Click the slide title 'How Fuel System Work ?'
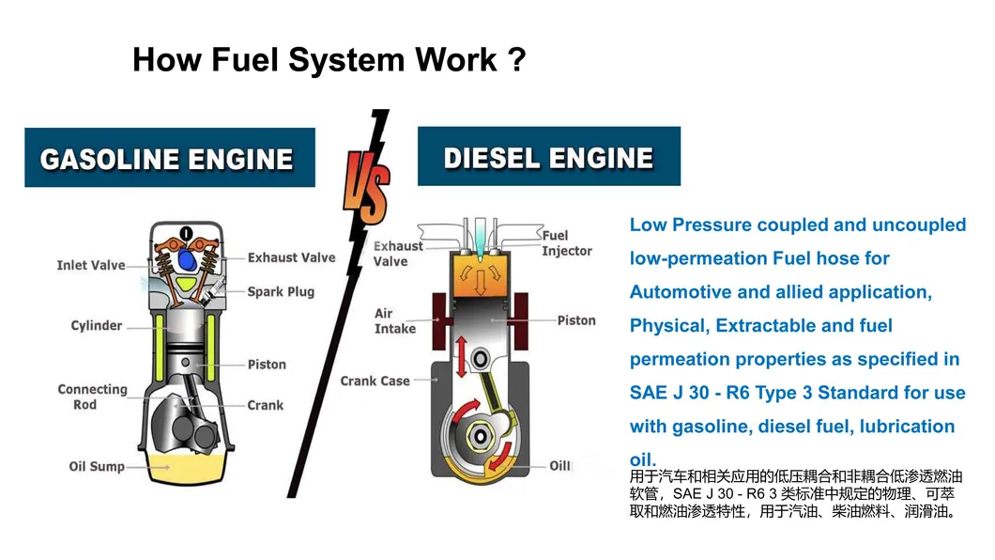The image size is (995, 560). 329,60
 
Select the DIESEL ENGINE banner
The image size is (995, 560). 548,157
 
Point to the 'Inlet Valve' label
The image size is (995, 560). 90,265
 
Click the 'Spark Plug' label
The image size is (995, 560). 281,291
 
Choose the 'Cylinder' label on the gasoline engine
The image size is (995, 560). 97,325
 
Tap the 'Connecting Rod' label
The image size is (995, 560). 92,397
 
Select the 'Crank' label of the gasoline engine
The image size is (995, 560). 266,405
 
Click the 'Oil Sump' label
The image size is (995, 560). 97,466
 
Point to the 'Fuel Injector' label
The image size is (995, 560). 567,243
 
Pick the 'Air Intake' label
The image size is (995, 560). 394,320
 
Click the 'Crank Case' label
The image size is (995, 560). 375,381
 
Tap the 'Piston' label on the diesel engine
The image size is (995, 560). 576,320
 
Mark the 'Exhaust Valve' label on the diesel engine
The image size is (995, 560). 398,254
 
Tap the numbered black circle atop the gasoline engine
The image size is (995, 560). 186,233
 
